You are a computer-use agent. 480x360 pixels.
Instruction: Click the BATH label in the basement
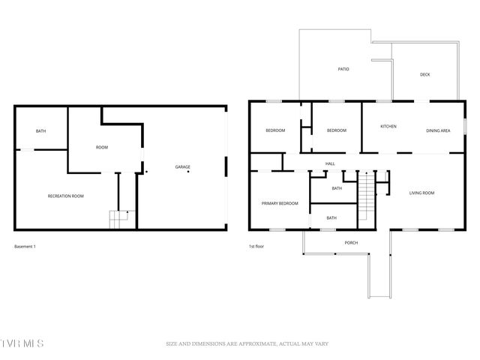point(40,132)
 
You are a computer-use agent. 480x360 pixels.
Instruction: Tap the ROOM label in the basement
point(102,148)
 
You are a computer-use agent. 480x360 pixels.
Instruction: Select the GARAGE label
point(182,166)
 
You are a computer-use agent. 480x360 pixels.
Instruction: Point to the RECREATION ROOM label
point(65,196)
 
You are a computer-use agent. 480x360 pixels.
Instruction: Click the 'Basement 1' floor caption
point(25,246)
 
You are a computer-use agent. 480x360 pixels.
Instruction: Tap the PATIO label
point(343,70)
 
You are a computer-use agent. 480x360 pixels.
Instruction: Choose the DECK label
point(424,74)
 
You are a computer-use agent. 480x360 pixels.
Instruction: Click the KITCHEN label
point(388,126)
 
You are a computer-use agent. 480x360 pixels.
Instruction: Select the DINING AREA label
point(438,130)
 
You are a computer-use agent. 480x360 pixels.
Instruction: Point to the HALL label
point(330,163)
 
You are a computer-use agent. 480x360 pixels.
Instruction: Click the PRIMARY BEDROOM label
point(280,203)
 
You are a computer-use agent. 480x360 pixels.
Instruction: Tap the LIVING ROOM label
point(421,193)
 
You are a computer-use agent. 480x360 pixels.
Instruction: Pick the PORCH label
point(350,242)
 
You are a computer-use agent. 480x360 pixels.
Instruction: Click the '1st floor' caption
point(256,246)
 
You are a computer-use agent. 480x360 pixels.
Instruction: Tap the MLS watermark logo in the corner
point(22,343)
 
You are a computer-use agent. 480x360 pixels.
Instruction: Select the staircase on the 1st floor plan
point(365,196)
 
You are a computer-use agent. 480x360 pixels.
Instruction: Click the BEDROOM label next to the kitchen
point(337,130)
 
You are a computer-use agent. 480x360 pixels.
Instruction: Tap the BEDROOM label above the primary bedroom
point(275,130)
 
